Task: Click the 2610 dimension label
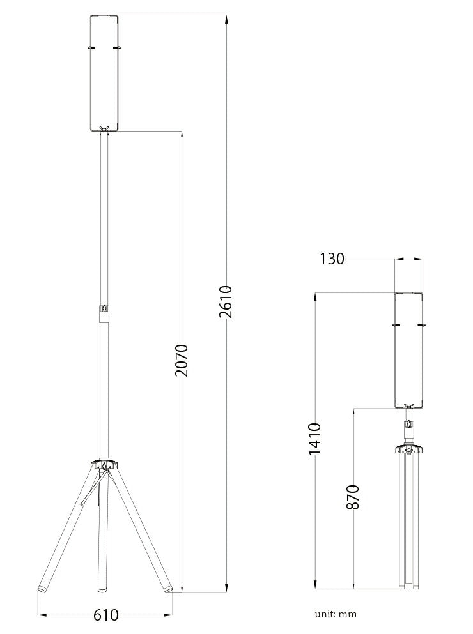[x=226, y=301]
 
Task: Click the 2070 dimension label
[x=182, y=360]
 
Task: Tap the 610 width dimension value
[x=106, y=615]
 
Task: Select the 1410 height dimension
[x=314, y=439]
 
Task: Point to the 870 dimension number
[x=353, y=497]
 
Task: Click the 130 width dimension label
[x=332, y=259]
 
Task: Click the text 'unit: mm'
[x=336, y=614]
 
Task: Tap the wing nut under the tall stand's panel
[x=104, y=128]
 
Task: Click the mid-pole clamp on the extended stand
[x=104, y=309]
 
